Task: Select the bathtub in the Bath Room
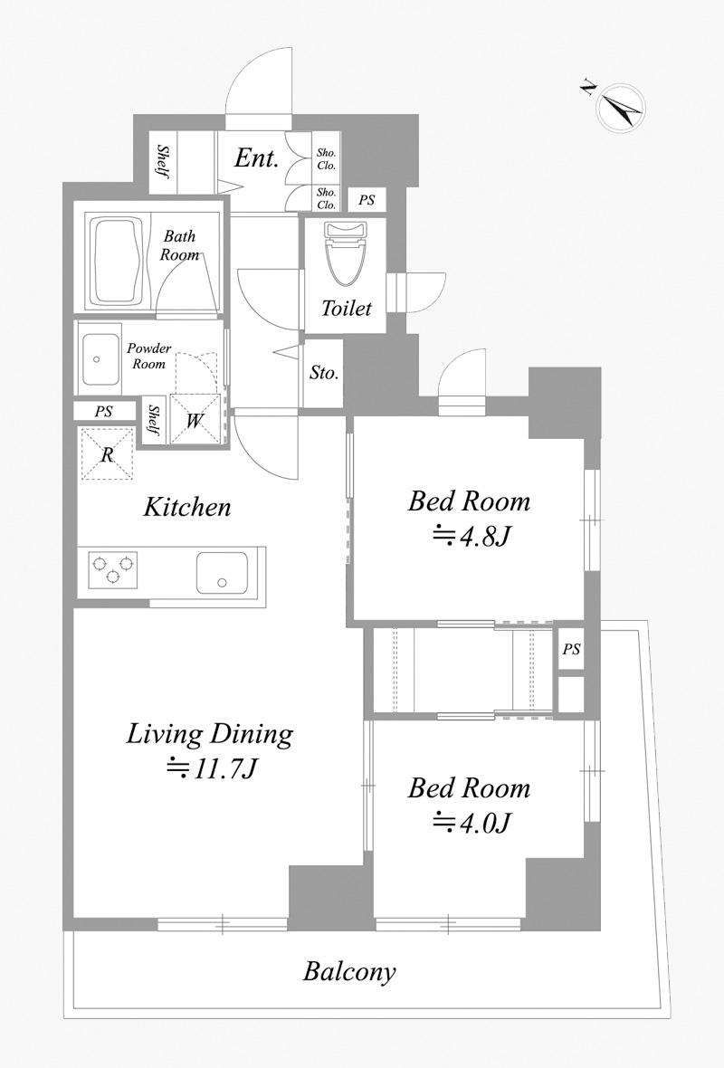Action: pos(116,262)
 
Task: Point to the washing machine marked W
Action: pos(195,420)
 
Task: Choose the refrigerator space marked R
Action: pos(107,453)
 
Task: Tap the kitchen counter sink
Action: pos(222,572)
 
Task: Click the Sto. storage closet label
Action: pos(323,373)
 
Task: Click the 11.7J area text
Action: pos(212,769)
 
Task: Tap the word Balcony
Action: pos(349,971)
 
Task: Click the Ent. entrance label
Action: pos(257,158)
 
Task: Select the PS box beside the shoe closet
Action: pos(367,200)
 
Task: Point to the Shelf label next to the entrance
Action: pos(164,161)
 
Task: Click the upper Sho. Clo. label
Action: pos(326,159)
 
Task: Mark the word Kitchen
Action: pos(187,508)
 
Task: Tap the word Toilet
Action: pos(347,309)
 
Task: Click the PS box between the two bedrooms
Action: pos(571,649)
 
